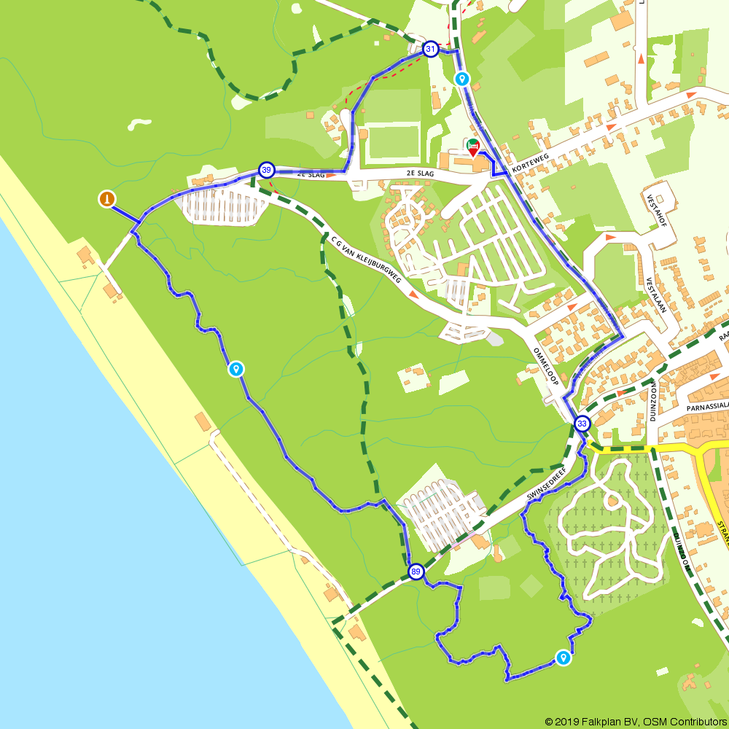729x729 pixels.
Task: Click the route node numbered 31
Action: point(431,50)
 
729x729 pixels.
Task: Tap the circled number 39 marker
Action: point(267,170)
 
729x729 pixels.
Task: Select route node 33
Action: point(582,424)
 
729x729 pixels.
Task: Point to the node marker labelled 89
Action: point(416,571)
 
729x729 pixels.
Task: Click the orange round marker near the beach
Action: point(107,198)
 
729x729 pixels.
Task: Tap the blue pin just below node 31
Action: point(461,79)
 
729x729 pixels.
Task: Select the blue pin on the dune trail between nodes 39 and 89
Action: point(235,370)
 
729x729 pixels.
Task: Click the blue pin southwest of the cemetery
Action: point(563,658)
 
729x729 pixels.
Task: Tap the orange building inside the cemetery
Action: point(613,500)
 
